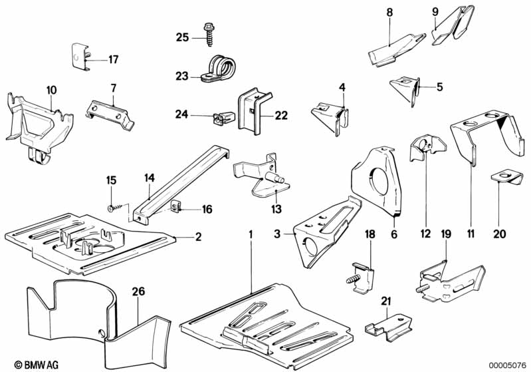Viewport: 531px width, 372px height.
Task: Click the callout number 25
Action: click(182, 37)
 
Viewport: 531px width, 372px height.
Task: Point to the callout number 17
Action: click(114, 59)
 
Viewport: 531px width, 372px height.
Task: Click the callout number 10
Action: click(52, 89)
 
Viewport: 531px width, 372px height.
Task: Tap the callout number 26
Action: click(138, 290)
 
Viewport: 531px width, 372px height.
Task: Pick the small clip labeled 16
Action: click(175, 208)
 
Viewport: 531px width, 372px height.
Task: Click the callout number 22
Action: click(281, 115)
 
